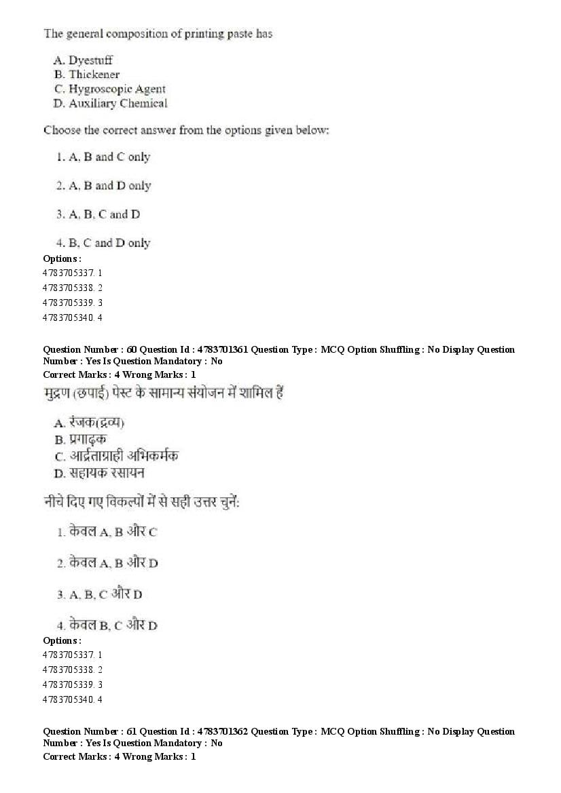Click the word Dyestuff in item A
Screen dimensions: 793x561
(x=93, y=60)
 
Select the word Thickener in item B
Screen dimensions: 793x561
(x=94, y=75)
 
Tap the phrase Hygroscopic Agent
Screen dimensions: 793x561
(x=117, y=89)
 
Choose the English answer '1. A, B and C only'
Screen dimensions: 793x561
(x=103, y=157)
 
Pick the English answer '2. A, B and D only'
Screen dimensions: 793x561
(x=103, y=185)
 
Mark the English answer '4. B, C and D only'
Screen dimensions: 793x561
(x=103, y=243)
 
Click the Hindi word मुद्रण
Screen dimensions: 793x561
(x=59, y=394)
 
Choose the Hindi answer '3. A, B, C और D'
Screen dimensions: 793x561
(x=99, y=594)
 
